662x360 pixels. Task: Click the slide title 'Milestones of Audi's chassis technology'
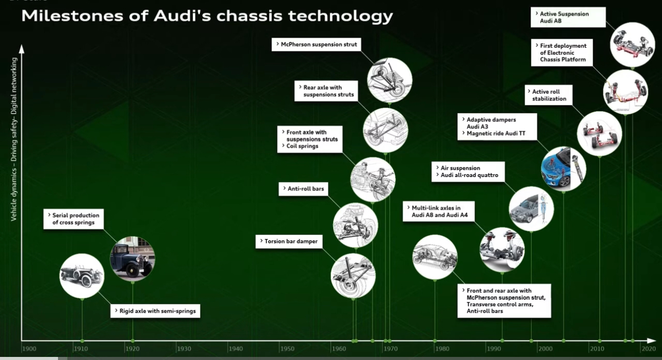(207, 16)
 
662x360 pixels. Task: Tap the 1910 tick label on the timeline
(81, 349)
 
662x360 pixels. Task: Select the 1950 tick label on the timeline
(287, 349)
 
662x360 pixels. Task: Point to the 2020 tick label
(649, 349)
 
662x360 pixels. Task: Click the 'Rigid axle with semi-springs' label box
(155, 311)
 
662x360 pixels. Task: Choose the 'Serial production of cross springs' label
(75, 219)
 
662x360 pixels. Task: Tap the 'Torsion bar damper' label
(289, 241)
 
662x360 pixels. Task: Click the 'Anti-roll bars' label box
(304, 189)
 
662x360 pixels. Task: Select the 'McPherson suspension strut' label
(316, 45)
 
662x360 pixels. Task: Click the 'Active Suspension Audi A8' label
(568, 17)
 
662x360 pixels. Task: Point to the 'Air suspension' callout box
(469, 171)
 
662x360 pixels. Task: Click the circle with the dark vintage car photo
(132, 258)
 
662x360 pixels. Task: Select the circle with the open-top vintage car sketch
(82, 275)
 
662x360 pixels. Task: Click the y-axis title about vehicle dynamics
(14, 139)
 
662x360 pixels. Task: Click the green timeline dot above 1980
(435, 341)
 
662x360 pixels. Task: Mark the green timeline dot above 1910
(82, 341)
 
